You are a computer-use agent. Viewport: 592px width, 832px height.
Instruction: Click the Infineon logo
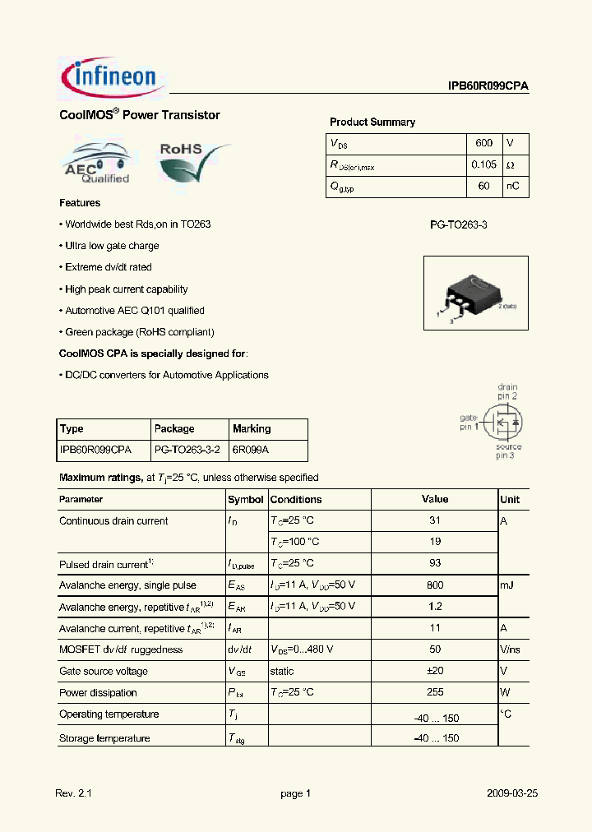click(109, 77)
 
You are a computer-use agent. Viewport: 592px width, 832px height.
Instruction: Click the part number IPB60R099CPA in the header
click(488, 86)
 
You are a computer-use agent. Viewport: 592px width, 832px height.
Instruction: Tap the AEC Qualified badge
click(97, 164)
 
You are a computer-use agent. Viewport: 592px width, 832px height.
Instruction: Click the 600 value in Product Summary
click(483, 143)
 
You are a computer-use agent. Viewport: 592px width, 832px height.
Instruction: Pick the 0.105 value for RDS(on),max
click(483, 164)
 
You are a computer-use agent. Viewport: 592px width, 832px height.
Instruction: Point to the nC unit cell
click(512, 187)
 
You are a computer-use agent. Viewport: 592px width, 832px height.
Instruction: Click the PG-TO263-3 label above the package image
click(459, 224)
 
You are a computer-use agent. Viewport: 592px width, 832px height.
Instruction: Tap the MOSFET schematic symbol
click(503, 423)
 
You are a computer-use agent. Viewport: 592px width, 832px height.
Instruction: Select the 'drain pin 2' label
click(507, 391)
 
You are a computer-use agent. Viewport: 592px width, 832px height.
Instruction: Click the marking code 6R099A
click(250, 451)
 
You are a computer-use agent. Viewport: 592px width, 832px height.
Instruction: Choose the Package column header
click(174, 429)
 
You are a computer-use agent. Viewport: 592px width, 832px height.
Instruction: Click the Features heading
click(80, 203)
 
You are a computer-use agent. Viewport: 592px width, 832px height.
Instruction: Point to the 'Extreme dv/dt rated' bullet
click(108, 267)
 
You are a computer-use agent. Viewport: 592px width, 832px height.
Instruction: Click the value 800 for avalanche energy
click(435, 585)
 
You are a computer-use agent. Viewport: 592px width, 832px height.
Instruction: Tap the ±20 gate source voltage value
click(435, 671)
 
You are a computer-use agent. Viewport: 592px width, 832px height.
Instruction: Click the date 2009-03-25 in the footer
click(511, 793)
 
